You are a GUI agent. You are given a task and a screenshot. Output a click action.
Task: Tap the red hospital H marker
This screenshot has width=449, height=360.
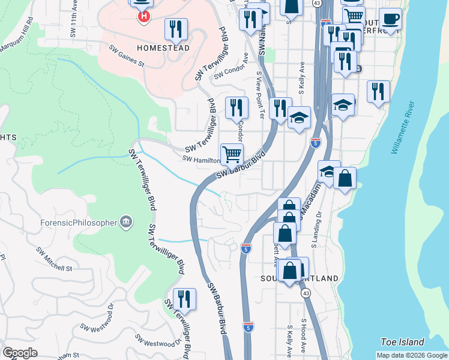tap(143, 17)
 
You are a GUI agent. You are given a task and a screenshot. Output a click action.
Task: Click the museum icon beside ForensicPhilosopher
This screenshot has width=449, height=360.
tap(125, 223)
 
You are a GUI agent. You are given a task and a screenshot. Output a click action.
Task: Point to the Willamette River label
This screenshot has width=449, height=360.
tap(403, 132)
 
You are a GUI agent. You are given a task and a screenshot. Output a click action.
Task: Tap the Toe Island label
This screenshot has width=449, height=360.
tap(402, 342)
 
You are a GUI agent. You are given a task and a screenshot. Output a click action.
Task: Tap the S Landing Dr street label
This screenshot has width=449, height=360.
tap(316, 230)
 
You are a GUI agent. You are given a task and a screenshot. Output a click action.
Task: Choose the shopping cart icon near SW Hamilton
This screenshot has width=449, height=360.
tap(232, 154)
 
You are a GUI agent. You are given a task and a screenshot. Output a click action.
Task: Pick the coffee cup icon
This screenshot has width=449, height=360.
tap(390, 19)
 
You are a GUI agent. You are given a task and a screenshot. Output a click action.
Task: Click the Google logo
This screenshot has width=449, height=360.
tap(20, 353)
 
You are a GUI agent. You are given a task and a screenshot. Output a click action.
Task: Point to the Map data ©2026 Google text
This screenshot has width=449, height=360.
tap(412, 355)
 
